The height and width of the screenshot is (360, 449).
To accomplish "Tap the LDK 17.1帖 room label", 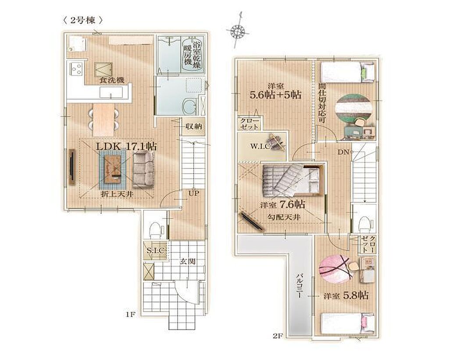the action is point(126,146).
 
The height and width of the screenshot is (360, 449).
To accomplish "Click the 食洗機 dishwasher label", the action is point(112,80).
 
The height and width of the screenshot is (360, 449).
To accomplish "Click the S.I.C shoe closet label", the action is point(156,250).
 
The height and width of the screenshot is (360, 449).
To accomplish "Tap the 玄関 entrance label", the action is point(188,261).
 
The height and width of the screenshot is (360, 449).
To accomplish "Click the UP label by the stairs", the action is point(193,193).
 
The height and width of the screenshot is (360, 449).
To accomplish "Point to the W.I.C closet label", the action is point(260,146).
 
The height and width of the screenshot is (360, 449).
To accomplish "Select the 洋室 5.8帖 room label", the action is point(346,295).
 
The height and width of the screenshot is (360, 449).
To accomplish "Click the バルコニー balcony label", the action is point(299,286).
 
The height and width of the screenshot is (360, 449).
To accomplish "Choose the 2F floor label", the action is point(278,336).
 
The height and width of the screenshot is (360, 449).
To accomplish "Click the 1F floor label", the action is point(130,314).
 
